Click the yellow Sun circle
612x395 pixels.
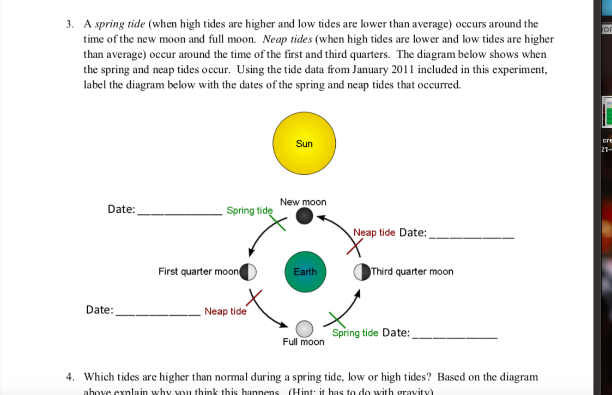304,144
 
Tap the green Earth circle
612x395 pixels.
305,271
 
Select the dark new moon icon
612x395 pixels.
304,217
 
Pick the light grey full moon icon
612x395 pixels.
304,329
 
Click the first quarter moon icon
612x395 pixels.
249,271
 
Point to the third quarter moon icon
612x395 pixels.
362,271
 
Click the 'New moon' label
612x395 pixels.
303,202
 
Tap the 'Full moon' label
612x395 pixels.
303,342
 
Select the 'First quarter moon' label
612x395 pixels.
198,271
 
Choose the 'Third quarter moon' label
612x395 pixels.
412,271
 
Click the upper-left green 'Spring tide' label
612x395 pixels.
249,211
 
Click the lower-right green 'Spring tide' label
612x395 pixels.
355,333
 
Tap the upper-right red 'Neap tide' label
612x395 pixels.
374,232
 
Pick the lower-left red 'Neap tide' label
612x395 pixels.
225,311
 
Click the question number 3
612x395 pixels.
69,24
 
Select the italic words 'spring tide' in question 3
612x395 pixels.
117,24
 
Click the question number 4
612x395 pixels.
70,377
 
